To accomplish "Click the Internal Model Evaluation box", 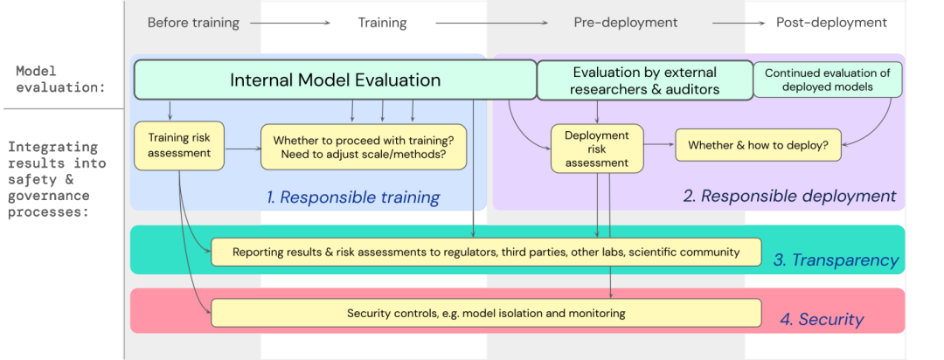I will (x=335, y=80).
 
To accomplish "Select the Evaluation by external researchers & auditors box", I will (x=644, y=80).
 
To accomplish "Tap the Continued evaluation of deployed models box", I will (x=826, y=80).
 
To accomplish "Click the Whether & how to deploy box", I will (x=758, y=146).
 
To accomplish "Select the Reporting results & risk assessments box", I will (x=486, y=253).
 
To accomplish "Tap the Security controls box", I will (x=486, y=313).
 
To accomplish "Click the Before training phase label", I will (x=193, y=23).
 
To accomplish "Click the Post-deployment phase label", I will (x=831, y=23).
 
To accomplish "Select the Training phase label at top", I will (x=382, y=23).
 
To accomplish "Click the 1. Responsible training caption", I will (x=353, y=197).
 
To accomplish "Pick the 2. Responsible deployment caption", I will (x=789, y=196).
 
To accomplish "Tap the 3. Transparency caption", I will (x=836, y=260).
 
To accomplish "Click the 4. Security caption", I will (x=821, y=320).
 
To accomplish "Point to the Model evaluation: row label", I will (x=60, y=79).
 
